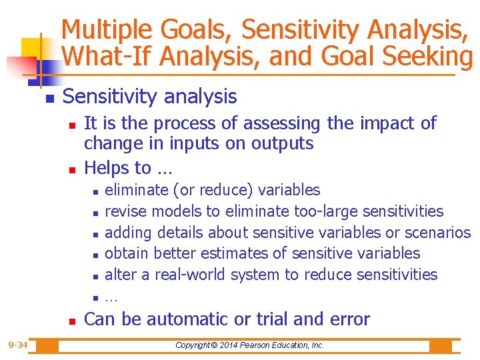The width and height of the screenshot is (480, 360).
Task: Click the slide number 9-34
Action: [x=17, y=345]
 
